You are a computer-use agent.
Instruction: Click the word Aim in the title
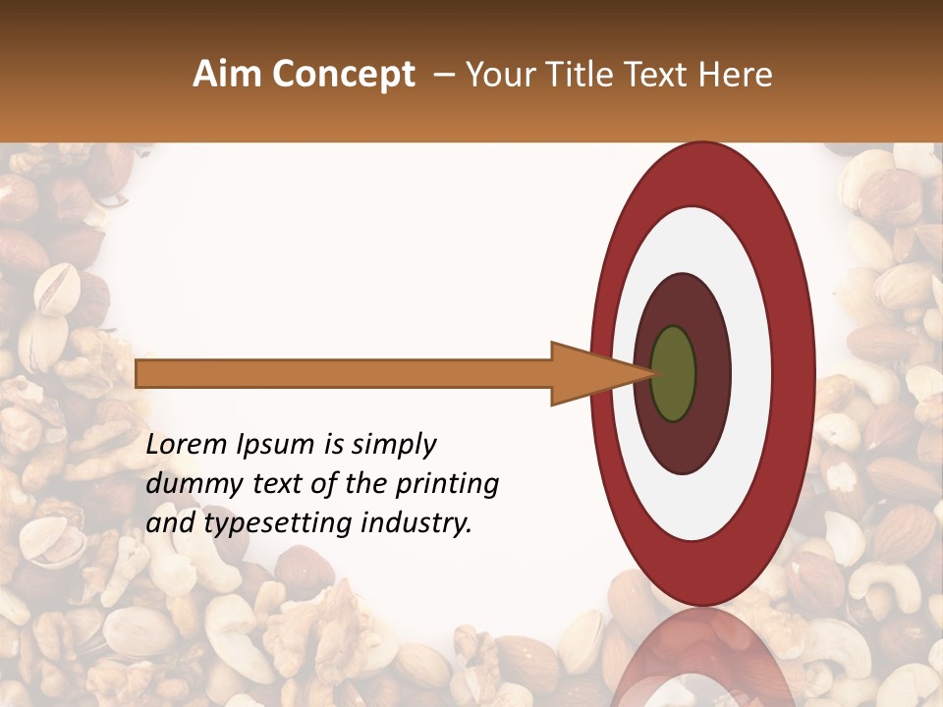[228, 75]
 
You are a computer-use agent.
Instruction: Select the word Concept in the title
[343, 75]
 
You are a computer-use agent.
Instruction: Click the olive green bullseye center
[673, 373]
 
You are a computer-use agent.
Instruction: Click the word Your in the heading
[500, 75]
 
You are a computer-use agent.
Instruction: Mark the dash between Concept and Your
[442, 76]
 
